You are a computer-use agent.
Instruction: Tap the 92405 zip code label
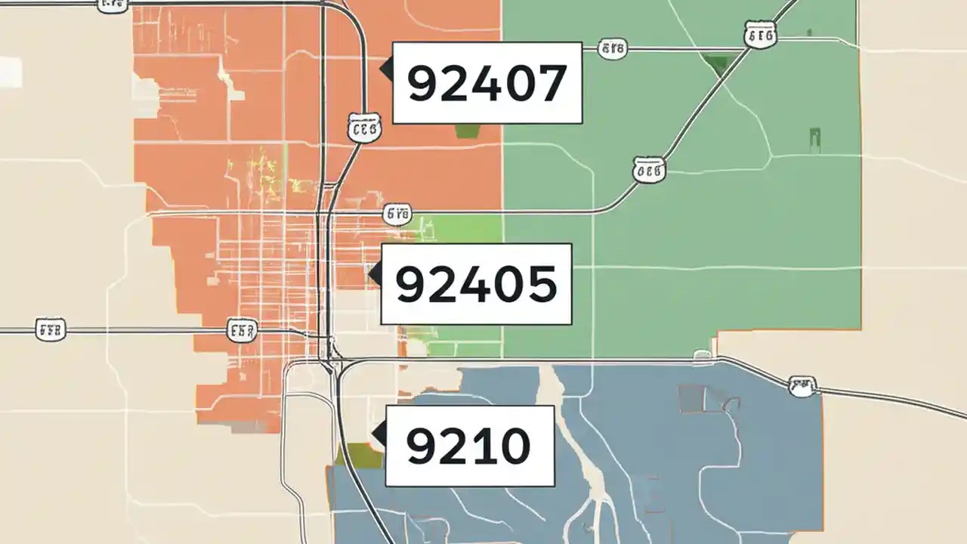coord(476,284)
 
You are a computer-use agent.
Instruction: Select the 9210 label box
coord(470,446)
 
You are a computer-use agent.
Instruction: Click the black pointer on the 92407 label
coord(386,70)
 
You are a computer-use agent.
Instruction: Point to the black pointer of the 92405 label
coord(375,274)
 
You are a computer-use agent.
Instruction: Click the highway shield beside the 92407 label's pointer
coord(364,128)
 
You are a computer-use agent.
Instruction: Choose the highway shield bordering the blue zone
coord(802,387)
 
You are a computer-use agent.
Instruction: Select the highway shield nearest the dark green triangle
coord(759,35)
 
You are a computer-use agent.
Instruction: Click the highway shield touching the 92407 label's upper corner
coord(612,50)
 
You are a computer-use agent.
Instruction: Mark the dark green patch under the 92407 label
coord(468,131)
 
